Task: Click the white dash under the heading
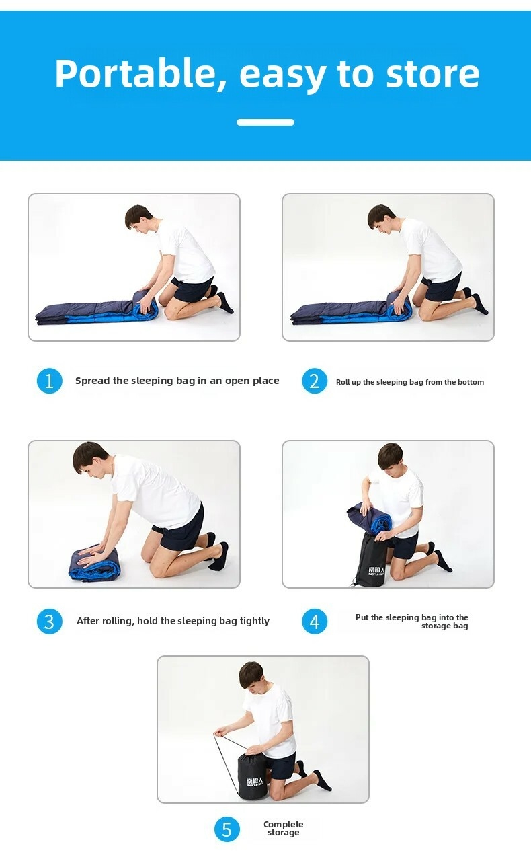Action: (265, 122)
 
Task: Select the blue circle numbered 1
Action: (50, 381)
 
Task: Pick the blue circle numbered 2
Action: (315, 381)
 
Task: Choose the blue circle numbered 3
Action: (50, 621)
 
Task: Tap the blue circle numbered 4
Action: (315, 621)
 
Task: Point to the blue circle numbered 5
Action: (227, 829)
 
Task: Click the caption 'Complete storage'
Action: (284, 828)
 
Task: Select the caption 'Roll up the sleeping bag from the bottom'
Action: (410, 382)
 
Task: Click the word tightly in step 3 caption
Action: (254, 621)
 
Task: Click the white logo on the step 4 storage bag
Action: (376, 571)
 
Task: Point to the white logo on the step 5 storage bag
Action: (255, 781)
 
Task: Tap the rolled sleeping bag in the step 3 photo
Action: (94, 564)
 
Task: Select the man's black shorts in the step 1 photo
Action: (192, 289)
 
